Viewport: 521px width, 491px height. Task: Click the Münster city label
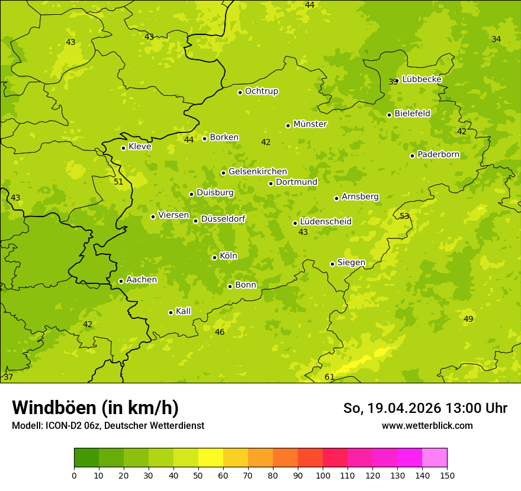click(x=310, y=124)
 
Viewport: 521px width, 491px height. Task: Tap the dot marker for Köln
click(x=214, y=257)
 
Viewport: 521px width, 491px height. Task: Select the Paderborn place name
click(x=439, y=154)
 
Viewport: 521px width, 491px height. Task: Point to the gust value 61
click(x=329, y=377)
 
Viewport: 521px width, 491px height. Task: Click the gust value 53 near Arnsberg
click(x=404, y=216)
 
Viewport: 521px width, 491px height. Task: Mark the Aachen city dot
click(x=121, y=281)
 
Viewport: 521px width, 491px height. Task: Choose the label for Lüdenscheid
click(x=326, y=222)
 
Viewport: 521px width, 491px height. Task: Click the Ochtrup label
click(x=262, y=91)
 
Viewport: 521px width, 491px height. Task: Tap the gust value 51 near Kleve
click(x=118, y=182)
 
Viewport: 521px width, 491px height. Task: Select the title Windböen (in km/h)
click(x=95, y=408)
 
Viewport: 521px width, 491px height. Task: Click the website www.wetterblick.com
click(x=427, y=425)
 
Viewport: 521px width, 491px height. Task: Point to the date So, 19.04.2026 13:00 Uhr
click(x=425, y=408)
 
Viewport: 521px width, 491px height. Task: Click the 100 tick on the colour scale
click(x=323, y=475)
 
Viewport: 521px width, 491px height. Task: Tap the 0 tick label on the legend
click(x=74, y=475)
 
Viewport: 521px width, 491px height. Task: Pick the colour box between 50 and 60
click(x=211, y=457)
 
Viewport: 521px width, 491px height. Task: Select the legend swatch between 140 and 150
click(x=435, y=457)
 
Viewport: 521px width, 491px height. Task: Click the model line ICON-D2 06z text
click(x=108, y=425)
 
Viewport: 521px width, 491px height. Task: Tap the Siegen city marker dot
click(x=332, y=264)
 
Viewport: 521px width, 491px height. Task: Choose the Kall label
click(x=184, y=311)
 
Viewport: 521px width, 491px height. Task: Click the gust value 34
click(x=496, y=39)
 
